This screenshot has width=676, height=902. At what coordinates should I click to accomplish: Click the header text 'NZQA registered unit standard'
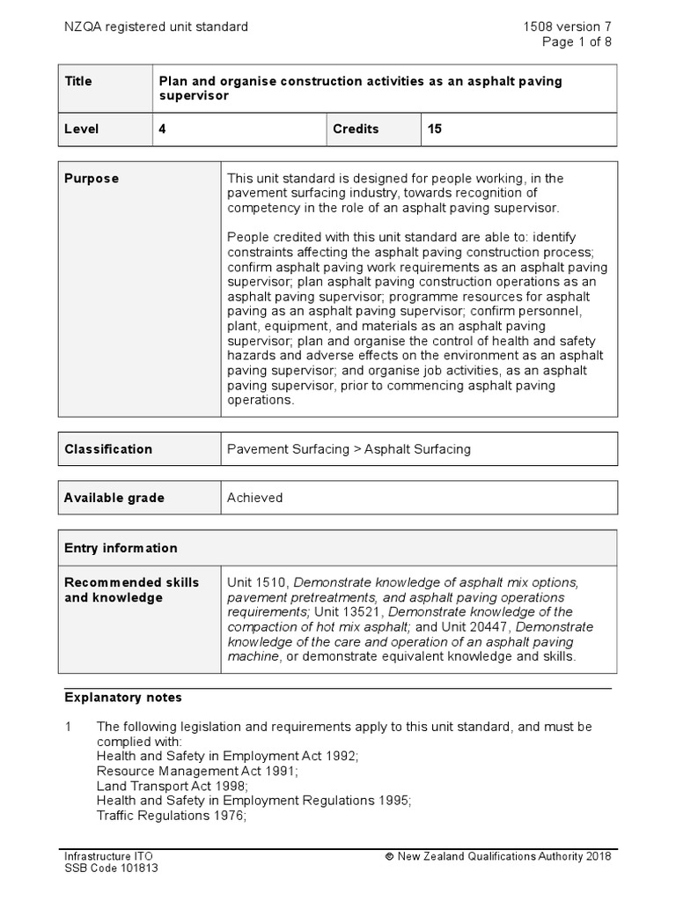[156, 26]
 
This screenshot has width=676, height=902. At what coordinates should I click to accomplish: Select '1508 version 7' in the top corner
[567, 26]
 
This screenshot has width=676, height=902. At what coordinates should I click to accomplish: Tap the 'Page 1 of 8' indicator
[577, 41]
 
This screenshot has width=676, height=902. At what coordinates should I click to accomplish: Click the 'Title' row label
[78, 81]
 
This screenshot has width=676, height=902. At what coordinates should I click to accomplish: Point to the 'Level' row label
[82, 129]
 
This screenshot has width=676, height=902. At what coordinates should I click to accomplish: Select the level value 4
[162, 129]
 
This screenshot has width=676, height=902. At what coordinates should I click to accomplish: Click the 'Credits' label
[356, 129]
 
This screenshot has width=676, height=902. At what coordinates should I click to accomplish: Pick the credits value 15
[435, 129]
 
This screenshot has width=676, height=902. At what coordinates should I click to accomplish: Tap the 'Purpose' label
[92, 178]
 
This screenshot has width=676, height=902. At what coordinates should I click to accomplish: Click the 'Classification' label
[108, 448]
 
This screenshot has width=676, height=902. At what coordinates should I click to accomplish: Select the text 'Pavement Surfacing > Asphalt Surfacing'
[349, 448]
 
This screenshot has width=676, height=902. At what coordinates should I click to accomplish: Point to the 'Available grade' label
[114, 498]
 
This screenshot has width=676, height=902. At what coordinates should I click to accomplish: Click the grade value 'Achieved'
[254, 498]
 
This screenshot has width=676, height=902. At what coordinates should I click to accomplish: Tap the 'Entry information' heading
[121, 548]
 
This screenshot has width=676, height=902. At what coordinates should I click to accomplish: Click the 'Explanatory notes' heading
[123, 698]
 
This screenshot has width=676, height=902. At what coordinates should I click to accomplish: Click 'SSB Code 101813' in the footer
[111, 868]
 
